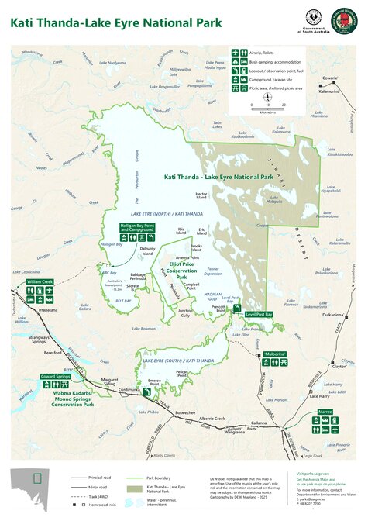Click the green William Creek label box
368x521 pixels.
(x=40, y=281)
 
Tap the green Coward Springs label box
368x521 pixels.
(x=56, y=376)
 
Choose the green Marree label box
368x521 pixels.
(x=325, y=411)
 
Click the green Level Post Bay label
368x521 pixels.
(x=259, y=315)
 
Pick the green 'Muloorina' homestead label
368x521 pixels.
(x=275, y=354)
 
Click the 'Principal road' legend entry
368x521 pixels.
(x=98, y=478)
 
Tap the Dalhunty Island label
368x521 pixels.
(x=148, y=250)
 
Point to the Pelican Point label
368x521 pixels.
(x=183, y=374)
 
